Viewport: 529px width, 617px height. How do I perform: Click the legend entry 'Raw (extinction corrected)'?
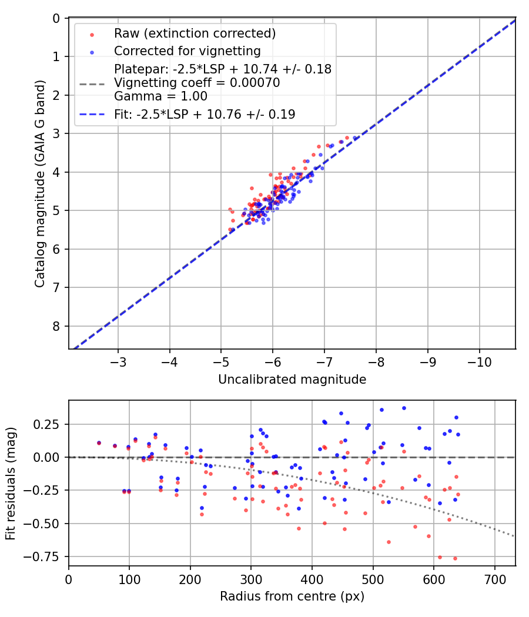click(195, 33)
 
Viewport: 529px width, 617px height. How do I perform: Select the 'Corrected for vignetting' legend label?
click(187, 51)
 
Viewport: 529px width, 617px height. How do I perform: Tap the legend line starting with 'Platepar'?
click(223, 69)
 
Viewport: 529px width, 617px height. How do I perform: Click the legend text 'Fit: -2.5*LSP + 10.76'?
click(205, 115)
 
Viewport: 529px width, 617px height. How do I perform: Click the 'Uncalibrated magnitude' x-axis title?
click(292, 380)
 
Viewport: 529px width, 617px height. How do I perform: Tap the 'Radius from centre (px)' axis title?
click(292, 596)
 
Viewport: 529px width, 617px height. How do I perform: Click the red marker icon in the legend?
click(92, 33)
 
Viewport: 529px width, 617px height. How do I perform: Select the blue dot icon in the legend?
click(92, 51)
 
